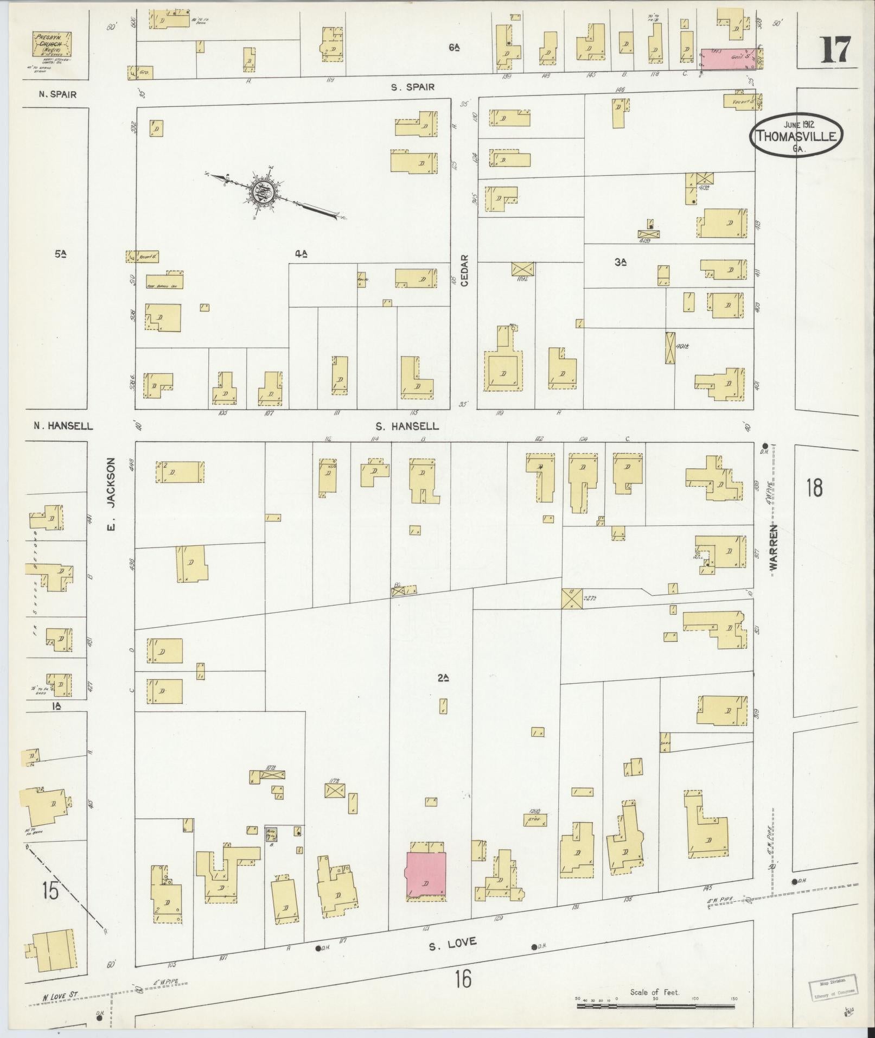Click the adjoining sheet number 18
tap(814, 487)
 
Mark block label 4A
tap(302, 253)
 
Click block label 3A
tap(621, 262)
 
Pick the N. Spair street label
tap(57, 94)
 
